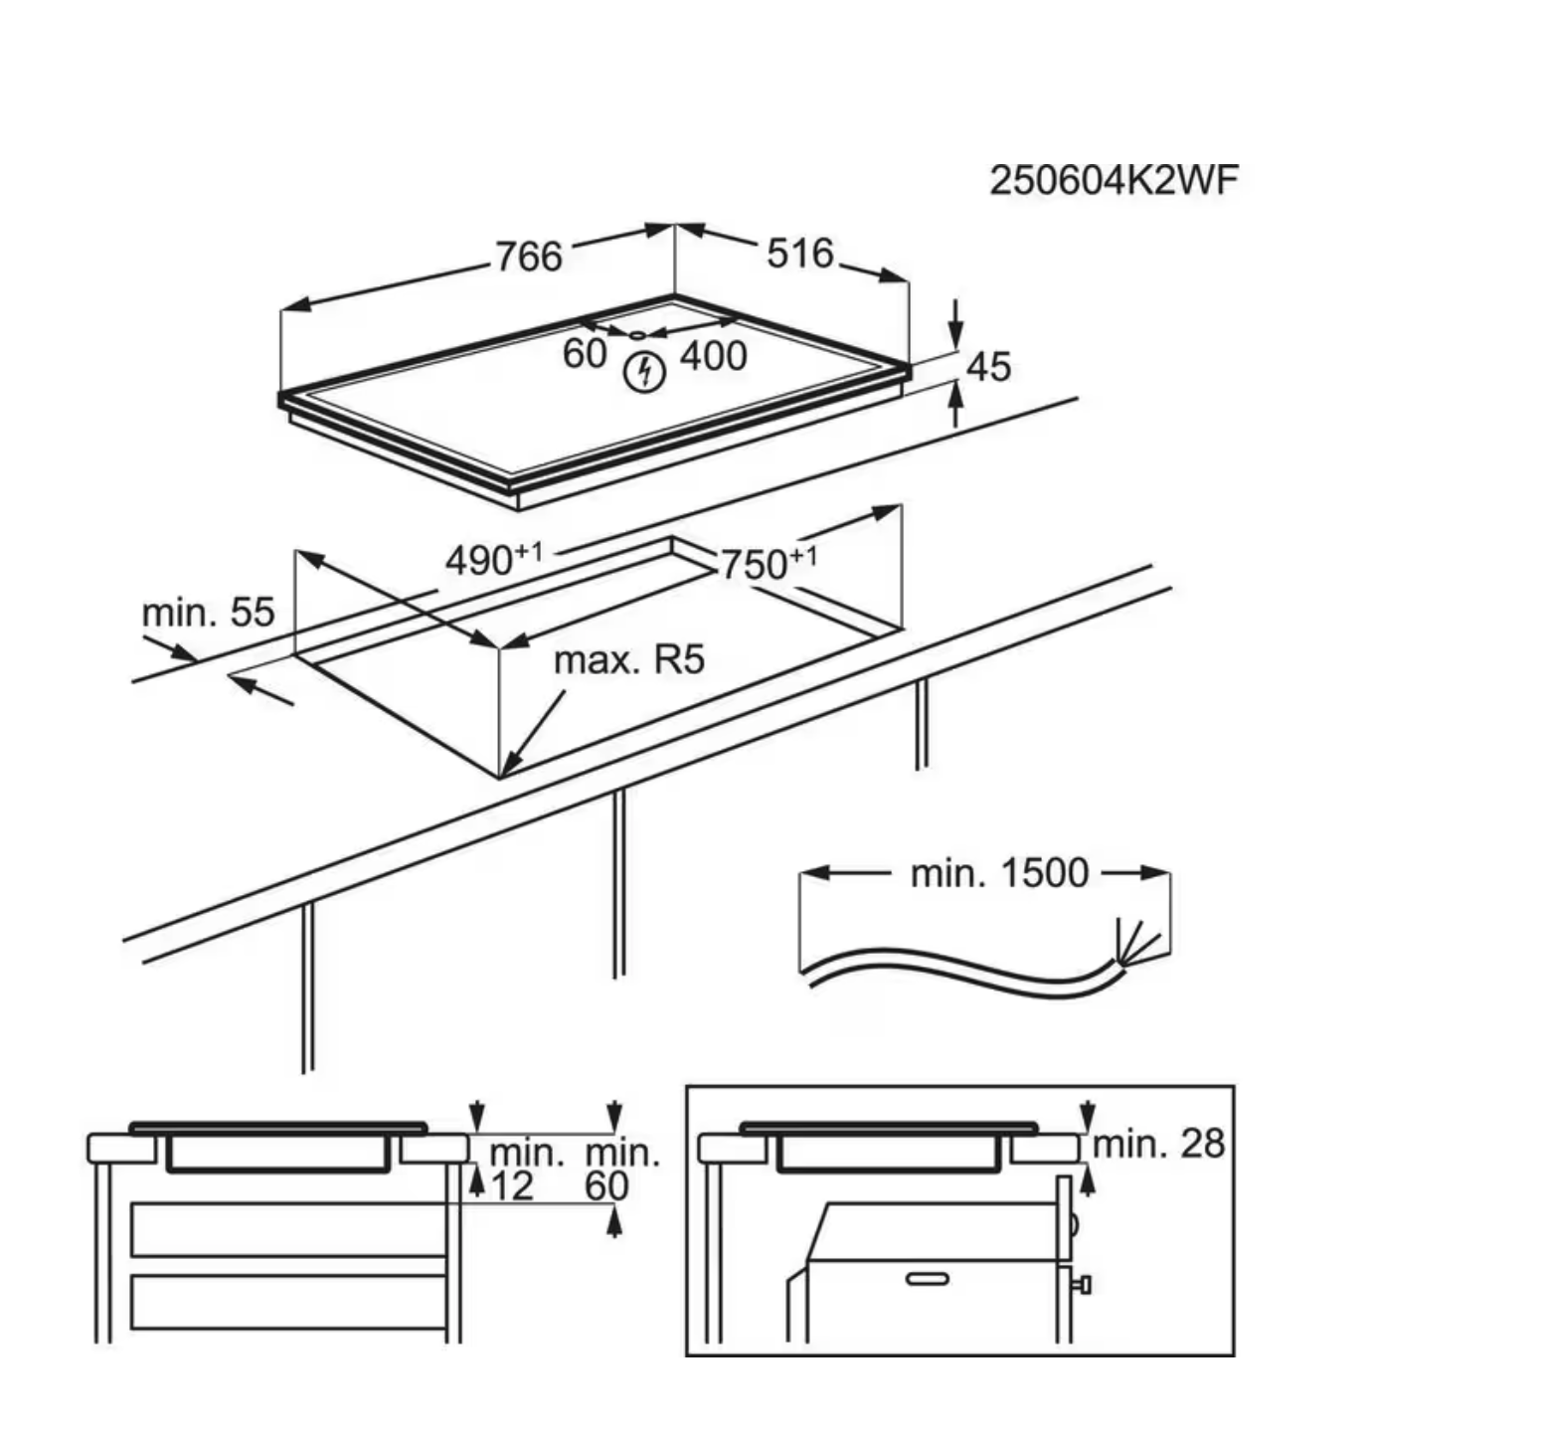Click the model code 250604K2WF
[x=1114, y=181]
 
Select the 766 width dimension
[x=529, y=257]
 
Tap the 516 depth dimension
[x=799, y=254]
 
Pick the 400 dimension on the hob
[x=713, y=356]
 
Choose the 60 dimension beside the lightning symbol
[x=585, y=353]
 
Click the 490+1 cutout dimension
[x=493, y=560]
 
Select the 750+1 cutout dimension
[x=767, y=564]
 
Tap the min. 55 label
[x=208, y=613]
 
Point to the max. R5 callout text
[x=628, y=659]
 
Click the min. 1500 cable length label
[x=999, y=873]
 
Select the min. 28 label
[x=1158, y=1144]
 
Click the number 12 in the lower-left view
[x=512, y=1185]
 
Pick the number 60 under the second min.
[x=606, y=1186]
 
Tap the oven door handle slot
[x=927, y=1278]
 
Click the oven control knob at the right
[x=1082, y=1285]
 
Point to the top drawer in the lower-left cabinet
[x=288, y=1229]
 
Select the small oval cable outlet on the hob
[x=636, y=334]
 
